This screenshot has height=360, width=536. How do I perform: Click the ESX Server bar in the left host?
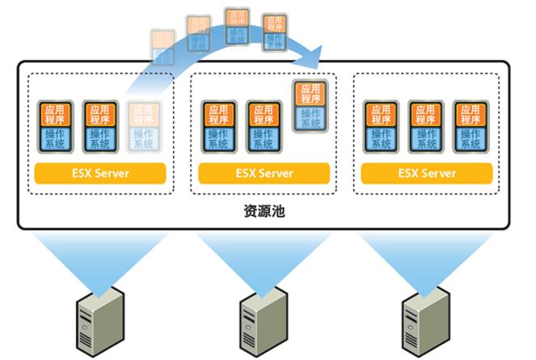pyautogui.click(x=100, y=173)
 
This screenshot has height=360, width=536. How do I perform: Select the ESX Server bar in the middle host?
pyautogui.click(x=264, y=173)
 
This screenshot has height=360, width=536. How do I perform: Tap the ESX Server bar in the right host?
pyautogui.click(x=426, y=173)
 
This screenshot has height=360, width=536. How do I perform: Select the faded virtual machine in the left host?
pyautogui.click(x=142, y=127)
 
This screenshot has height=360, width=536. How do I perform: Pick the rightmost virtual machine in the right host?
pyautogui.click(x=470, y=127)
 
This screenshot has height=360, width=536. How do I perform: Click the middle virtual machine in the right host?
pyautogui.click(x=426, y=127)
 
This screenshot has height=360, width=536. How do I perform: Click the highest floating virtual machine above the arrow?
pyautogui.click(x=237, y=27)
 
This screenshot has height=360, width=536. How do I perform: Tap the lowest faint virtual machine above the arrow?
pyautogui.click(x=162, y=47)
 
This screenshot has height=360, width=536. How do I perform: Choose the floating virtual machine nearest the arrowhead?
pyautogui.click(x=274, y=32)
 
